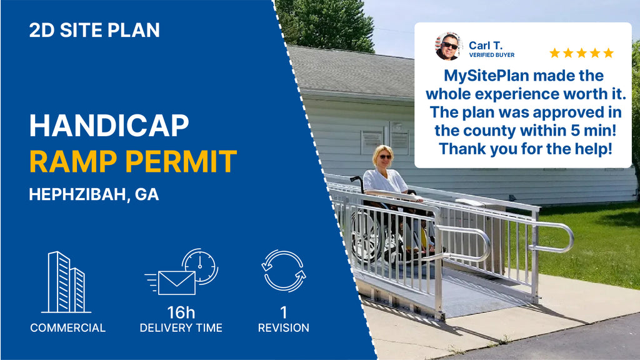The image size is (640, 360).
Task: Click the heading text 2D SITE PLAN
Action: pos(94,30)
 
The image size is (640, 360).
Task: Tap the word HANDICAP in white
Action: pos(109,125)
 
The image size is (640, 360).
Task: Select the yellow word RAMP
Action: pos(74,161)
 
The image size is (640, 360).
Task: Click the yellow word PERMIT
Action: pos(181,161)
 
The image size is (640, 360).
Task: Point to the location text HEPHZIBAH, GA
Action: pos(94,194)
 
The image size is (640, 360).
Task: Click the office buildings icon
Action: pos(66,282)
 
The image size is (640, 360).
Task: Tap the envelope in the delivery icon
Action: pos(177,283)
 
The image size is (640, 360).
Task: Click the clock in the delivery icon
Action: pos(200,266)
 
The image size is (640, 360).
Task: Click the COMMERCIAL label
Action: pos(67,327)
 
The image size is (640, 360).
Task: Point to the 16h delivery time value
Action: pos(181,312)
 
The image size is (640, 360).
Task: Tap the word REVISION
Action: pos(284,327)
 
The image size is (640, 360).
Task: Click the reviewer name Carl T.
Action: pos(486,45)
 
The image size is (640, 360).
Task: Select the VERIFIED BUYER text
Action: pos(492,55)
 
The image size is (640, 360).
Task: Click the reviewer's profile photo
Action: pos(449,46)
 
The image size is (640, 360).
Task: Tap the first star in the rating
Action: pos(555,53)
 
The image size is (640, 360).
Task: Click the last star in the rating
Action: pos(609,53)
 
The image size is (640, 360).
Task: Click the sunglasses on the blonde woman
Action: pos(385,157)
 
